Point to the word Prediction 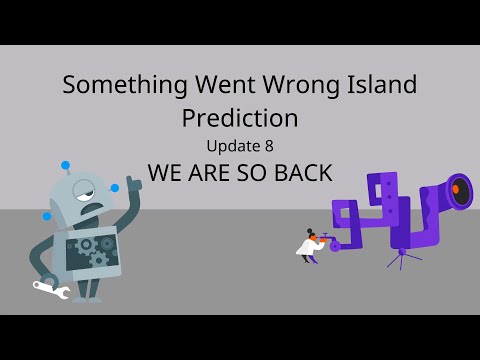coord(240,118)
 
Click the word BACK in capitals coord(298,172)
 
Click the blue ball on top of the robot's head coord(66,165)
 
